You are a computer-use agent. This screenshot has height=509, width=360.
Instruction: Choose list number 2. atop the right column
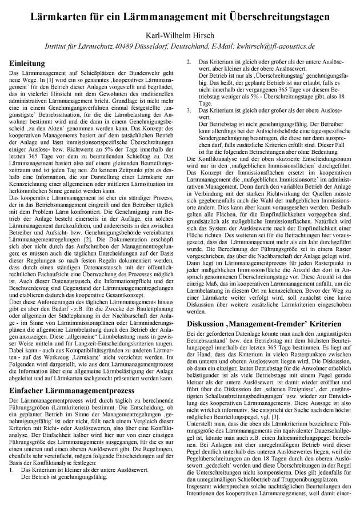click(x=190, y=61)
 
